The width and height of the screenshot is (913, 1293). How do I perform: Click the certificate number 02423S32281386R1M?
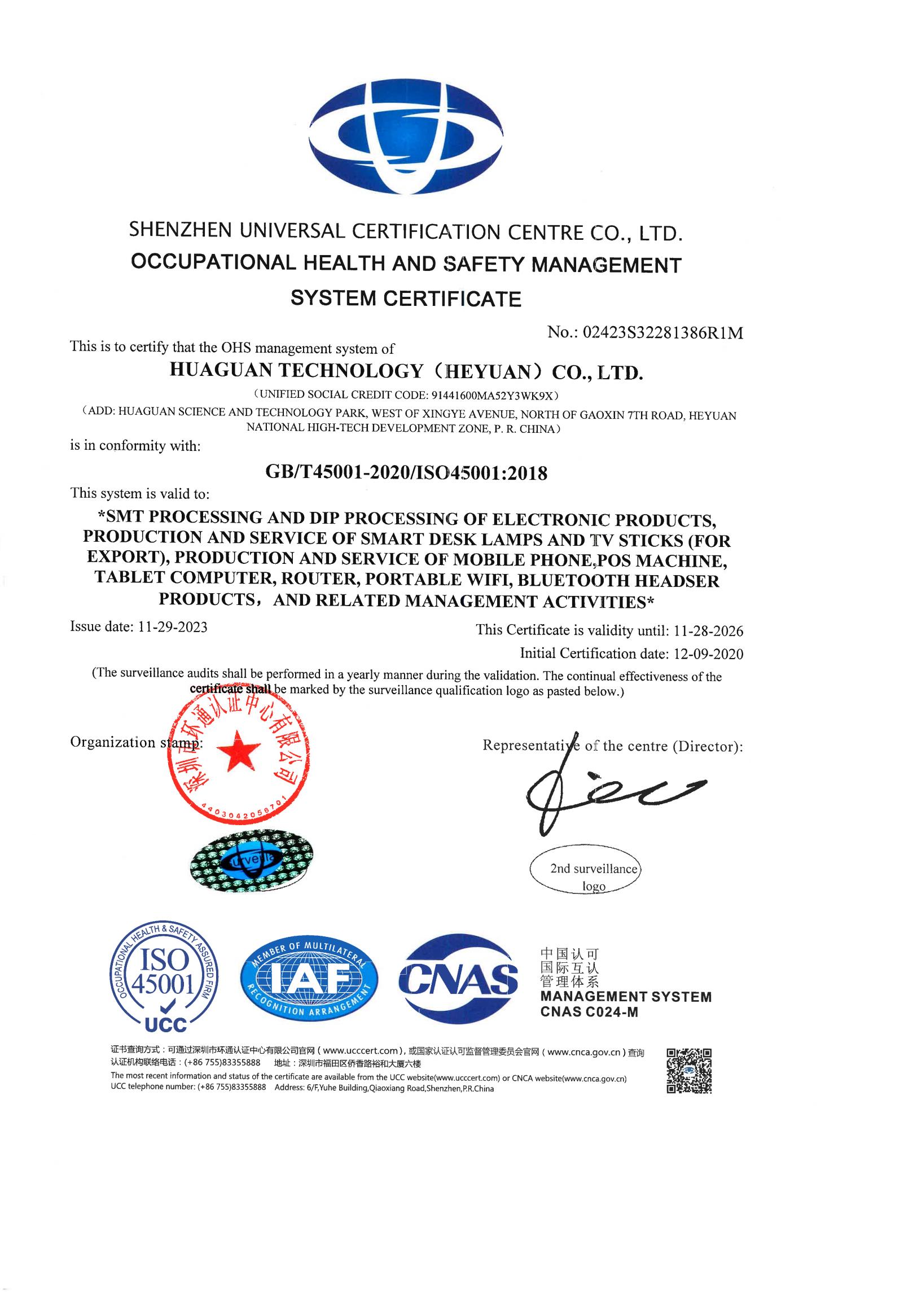point(662,334)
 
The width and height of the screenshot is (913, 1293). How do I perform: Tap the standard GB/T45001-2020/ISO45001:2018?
point(406,472)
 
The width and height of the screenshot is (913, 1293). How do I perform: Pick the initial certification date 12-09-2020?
point(708,654)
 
